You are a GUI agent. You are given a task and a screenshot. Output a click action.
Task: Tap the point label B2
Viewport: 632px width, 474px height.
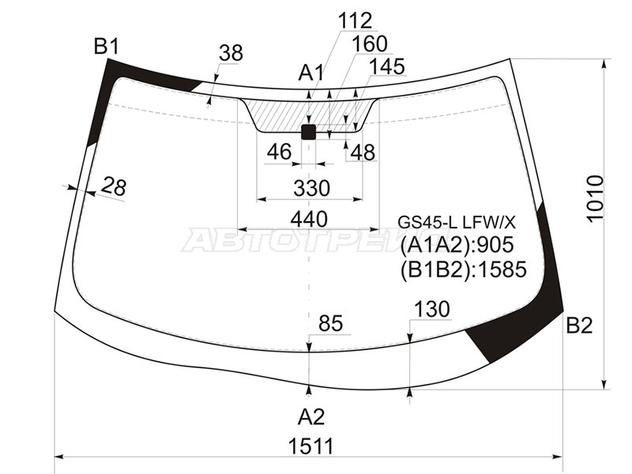tap(579, 325)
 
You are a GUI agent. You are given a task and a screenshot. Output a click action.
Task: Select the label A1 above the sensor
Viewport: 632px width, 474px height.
tap(311, 73)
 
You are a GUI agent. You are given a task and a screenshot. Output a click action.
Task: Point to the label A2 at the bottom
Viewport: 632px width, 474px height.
tap(310, 416)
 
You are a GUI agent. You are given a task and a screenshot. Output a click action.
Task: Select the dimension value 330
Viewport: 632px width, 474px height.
tap(310, 189)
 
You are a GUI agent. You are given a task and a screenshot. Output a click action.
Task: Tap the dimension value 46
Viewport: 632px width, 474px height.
tap(279, 152)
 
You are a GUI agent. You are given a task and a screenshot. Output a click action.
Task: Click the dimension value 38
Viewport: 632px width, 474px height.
tap(231, 53)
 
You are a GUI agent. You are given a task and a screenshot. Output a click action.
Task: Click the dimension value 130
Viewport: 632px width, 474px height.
tap(431, 309)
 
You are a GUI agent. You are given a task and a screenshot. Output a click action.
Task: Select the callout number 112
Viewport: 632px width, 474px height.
tap(355, 20)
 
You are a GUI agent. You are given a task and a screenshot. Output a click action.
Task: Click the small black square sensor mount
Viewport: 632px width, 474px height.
tap(309, 131)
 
